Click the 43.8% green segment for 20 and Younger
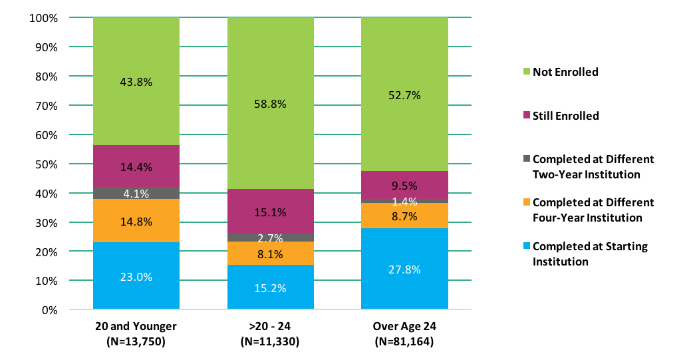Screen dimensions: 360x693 [136, 82]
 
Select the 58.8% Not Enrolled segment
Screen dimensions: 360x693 [270, 104]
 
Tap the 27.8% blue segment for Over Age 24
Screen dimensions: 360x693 [404, 269]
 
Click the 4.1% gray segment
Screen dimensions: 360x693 [136, 193]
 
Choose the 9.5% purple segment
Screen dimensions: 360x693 [404, 185]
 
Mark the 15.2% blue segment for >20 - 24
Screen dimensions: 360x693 [270, 287]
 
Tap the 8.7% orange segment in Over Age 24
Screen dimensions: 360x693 [404, 216]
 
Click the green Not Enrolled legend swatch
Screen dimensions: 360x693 [527, 72]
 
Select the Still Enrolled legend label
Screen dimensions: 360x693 [565, 116]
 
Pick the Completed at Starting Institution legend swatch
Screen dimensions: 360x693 [527, 247]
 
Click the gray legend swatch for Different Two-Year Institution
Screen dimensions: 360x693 [527, 160]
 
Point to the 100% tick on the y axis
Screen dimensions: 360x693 [45, 18]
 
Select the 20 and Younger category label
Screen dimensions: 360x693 [136, 327]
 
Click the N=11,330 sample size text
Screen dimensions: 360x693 [270, 342]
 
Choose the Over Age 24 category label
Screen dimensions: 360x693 [404, 327]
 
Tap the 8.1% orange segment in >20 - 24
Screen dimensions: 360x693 [270, 254]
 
